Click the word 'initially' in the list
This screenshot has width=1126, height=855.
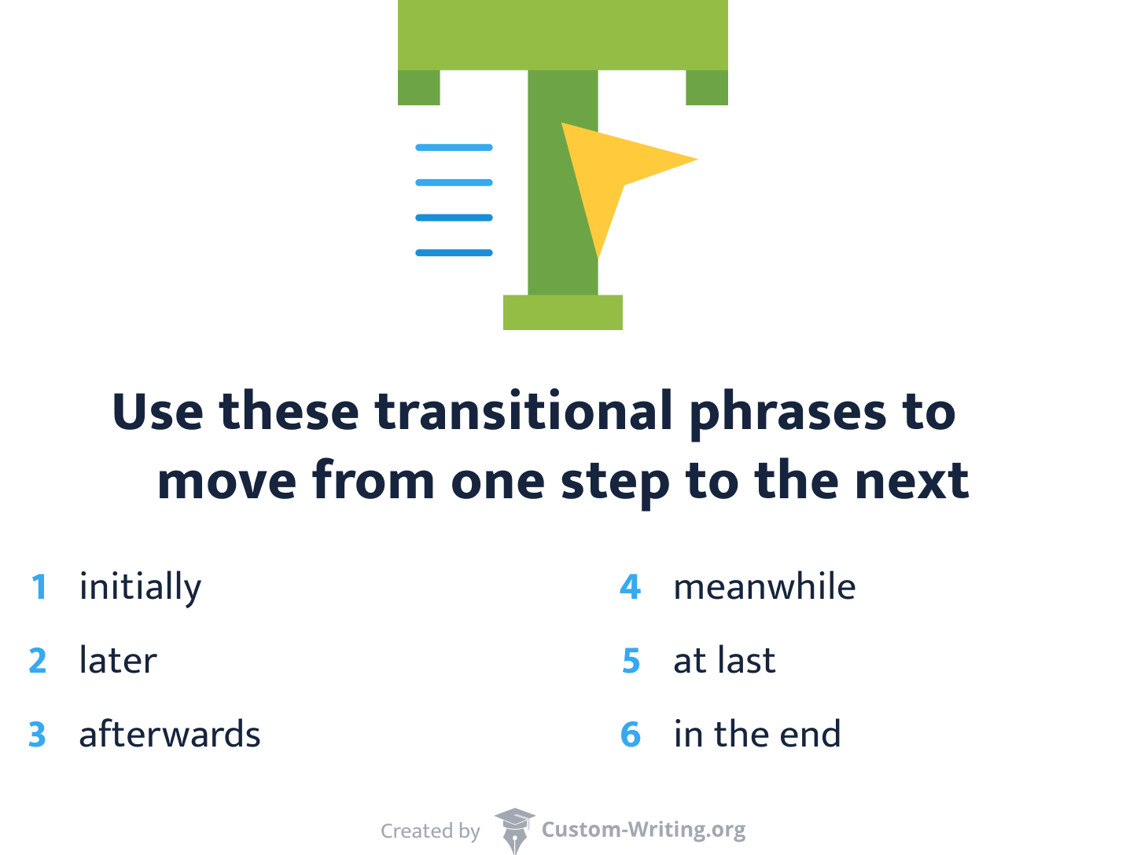(140, 588)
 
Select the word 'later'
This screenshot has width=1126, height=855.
(118, 661)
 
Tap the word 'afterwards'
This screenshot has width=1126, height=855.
(170, 735)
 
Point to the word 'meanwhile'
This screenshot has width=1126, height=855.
(764, 587)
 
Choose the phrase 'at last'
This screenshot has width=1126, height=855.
(724, 661)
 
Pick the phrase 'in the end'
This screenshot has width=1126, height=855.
(757, 735)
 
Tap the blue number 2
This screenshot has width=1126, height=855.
(38, 661)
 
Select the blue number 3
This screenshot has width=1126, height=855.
(38, 735)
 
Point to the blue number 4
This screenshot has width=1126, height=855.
(631, 587)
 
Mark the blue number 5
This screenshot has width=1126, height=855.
(631, 661)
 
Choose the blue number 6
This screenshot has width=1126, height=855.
(631, 735)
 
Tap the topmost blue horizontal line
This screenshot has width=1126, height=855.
(454, 148)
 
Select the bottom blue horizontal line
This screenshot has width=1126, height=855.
(454, 253)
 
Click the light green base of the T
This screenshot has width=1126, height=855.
(563, 312)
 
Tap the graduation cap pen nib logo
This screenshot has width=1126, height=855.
(514, 830)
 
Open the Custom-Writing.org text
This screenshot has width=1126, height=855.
(643, 830)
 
